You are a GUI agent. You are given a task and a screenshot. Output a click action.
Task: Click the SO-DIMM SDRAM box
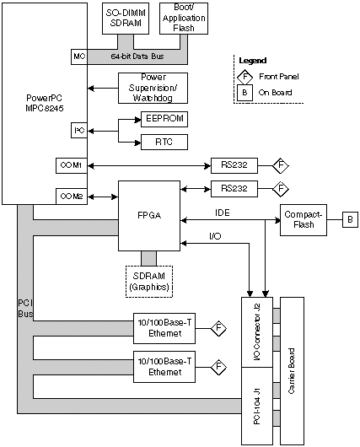126,19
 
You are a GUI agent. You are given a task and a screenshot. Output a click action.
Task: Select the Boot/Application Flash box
184,19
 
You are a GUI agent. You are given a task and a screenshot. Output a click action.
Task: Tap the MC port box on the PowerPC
79,57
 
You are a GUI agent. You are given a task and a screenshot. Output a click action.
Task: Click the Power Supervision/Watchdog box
153,88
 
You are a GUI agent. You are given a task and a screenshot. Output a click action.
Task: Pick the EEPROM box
164,119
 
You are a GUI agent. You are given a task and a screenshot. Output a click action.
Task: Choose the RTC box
164,142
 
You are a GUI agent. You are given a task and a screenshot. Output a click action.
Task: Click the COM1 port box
72,165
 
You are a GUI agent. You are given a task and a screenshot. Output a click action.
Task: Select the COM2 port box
72,197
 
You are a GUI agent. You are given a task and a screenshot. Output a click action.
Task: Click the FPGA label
149,215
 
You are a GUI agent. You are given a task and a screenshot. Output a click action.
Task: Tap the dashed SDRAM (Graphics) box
149,282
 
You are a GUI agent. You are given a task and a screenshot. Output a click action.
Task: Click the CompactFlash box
304,220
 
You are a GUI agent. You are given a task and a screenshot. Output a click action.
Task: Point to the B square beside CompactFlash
350,219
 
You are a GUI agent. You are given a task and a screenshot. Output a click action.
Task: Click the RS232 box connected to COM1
234,165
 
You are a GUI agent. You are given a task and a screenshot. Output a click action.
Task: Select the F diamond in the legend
244,77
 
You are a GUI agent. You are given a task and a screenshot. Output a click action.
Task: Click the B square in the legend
244,93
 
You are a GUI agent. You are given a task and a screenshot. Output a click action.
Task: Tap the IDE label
223,213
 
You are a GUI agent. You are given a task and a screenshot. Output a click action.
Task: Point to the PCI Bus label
25,309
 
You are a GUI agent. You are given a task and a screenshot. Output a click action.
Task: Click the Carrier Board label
292,371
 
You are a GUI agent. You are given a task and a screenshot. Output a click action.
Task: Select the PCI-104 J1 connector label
256,406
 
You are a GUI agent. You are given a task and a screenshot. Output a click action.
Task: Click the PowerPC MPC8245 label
44,103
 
